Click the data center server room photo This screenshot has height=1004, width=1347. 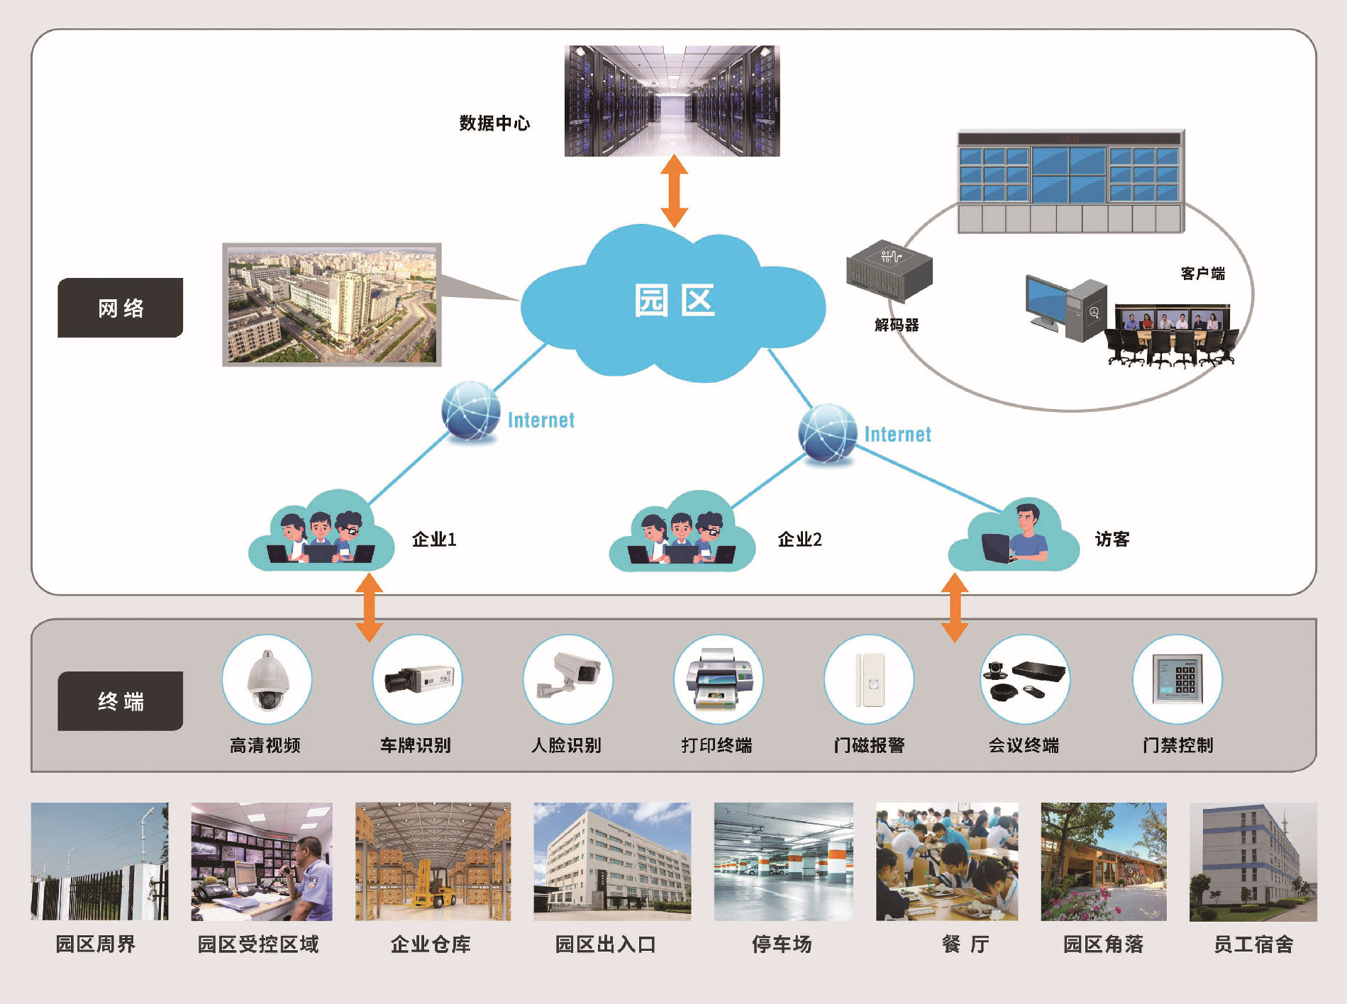[672, 101]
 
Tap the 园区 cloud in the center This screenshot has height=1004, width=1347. [673, 301]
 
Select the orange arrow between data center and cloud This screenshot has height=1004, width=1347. [674, 191]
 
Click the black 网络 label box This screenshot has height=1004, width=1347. [120, 308]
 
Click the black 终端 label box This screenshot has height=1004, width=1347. [120, 701]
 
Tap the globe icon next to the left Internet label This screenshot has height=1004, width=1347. [470, 411]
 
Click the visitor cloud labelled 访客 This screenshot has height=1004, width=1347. [1014, 538]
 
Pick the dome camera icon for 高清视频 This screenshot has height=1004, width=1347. [267, 680]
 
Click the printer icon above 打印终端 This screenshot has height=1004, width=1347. [718, 680]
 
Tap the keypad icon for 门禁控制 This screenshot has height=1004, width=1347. [1177, 680]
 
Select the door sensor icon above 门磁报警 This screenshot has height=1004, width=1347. [869, 680]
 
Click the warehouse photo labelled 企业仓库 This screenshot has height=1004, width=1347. [433, 861]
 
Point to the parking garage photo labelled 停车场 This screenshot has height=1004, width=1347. [783, 861]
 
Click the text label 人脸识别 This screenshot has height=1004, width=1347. [566, 745]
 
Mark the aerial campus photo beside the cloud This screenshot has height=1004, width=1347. [332, 305]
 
